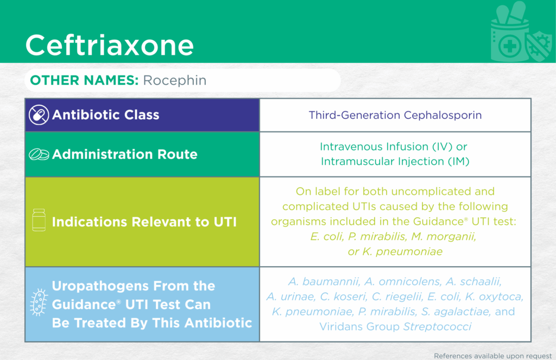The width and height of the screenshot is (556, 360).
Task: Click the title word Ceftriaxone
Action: pos(110,45)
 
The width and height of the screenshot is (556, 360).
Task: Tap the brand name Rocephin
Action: pos(174,80)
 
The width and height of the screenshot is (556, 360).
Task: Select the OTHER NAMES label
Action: pos(84,80)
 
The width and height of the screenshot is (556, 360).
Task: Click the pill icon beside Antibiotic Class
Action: pos(39,115)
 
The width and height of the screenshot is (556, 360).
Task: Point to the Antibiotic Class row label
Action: pos(106,115)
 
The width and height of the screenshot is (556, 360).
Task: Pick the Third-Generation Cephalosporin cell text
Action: pos(395,115)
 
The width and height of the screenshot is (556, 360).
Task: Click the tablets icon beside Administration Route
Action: pos(39,154)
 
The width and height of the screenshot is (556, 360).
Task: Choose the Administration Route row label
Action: pos(124,154)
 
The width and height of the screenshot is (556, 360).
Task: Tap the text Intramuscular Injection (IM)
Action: pos(395,161)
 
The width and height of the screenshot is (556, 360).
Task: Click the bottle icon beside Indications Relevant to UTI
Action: pos(39,220)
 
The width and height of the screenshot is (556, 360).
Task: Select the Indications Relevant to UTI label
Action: pos(144,222)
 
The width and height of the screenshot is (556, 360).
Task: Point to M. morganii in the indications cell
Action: pos(443,236)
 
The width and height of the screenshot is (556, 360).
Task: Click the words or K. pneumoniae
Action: pos(395,251)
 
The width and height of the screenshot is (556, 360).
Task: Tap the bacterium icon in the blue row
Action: pos(39,302)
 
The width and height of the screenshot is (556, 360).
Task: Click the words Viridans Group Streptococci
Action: pos(395,327)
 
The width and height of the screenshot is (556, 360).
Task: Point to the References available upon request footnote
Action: pos(493,356)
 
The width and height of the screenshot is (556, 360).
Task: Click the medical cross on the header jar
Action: pos(510,47)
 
